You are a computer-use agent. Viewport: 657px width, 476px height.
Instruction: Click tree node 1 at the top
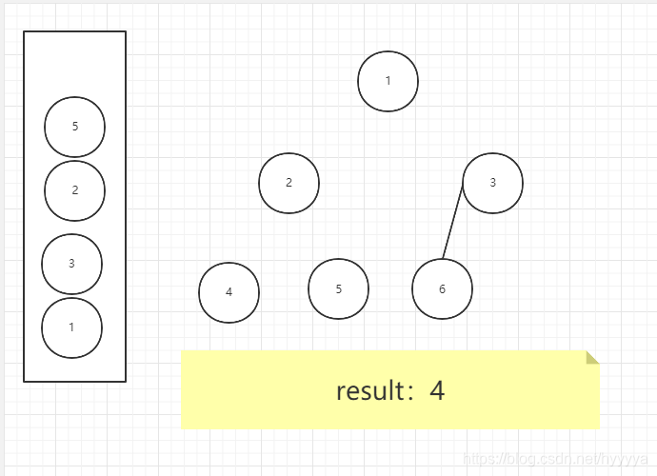[388, 81]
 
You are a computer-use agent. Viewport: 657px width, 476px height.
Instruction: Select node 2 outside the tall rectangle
[289, 183]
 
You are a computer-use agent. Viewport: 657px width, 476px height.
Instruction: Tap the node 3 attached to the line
[492, 183]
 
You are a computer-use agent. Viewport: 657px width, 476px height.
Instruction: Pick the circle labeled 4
[229, 292]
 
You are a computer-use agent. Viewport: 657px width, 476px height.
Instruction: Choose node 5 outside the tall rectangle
[338, 288]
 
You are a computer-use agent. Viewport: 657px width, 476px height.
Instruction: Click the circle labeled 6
[442, 288]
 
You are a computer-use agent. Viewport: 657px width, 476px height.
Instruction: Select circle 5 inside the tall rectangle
[74, 127]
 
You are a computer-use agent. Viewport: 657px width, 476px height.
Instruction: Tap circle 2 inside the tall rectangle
[74, 190]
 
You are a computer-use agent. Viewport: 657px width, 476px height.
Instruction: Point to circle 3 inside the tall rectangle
[71, 264]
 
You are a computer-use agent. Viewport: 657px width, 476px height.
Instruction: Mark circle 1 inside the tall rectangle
[71, 327]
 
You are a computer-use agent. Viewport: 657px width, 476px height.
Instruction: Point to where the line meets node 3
[464, 188]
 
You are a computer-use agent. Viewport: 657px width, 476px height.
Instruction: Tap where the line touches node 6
[443, 258]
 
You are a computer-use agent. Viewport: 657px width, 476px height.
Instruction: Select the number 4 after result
[437, 390]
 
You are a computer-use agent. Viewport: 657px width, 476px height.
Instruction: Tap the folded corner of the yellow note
[591, 357]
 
